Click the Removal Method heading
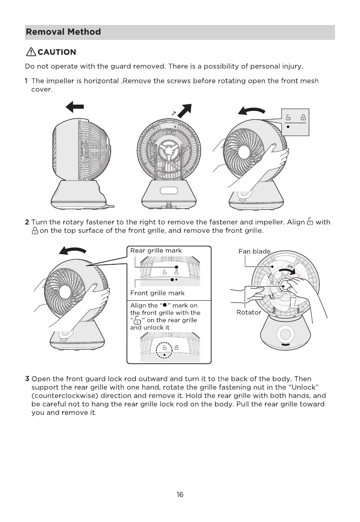(64, 32)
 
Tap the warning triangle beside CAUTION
(31, 53)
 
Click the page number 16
(180, 494)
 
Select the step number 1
(27, 81)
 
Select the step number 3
(27, 378)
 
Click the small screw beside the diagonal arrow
(174, 113)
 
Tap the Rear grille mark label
(156, 251)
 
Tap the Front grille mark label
(157, 293)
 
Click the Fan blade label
(254, 251)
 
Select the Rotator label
(249, 312)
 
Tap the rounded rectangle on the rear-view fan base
(168, 191)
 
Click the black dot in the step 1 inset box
(288, 127)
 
